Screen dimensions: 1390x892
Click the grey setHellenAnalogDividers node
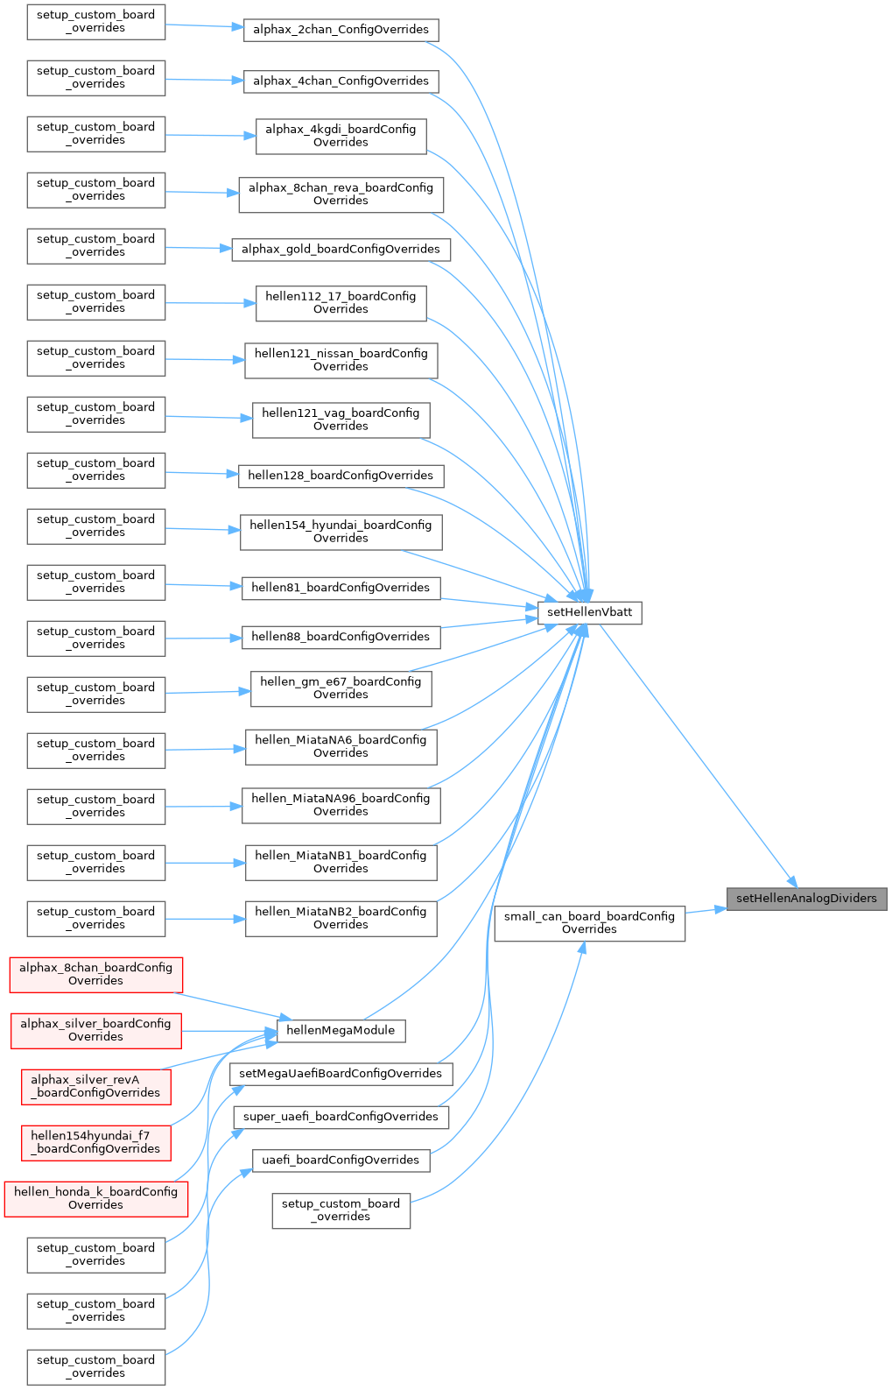tap(806, 899)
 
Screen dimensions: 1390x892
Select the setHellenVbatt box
tap(589, 612)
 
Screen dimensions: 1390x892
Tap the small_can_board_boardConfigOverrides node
tap(589, 923)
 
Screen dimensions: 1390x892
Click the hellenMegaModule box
tap(341, 1031)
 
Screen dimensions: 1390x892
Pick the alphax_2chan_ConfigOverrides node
tap(341, 30)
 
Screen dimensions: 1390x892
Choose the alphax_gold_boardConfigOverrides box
tap(341, 250)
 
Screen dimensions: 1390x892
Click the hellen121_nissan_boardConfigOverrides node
tap(341, 360)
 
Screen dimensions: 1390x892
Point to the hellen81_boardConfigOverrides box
tap(341, 588)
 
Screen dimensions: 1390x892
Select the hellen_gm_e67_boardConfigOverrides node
tap(341, 688)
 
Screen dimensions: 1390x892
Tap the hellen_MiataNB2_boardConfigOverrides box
tap(341, 918)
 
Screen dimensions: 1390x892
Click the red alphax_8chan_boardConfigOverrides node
tap(96, 974)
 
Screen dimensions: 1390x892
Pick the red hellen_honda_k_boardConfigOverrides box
tap(96, 1198)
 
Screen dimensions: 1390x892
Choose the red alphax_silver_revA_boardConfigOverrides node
tap(96, 1086)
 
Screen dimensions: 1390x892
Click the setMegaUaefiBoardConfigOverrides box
tap(341, 1074)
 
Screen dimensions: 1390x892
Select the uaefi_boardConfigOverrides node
tap(341, 1161)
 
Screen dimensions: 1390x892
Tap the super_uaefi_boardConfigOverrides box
tap(341, 1117)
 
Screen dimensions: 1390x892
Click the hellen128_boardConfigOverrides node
tap(341, 476)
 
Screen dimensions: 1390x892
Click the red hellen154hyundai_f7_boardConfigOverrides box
tap(96, 1142)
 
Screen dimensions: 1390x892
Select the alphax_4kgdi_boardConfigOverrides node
tap(341, 136)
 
